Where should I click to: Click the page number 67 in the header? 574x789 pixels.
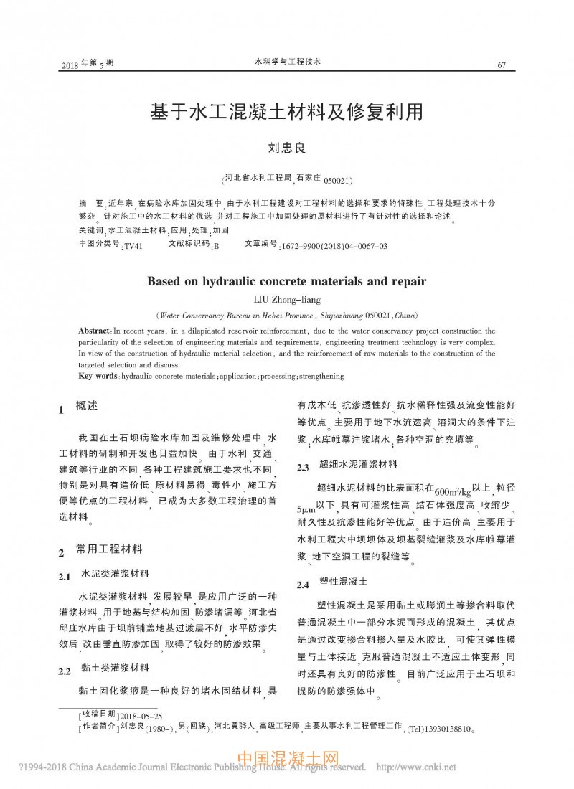tap(502, 66)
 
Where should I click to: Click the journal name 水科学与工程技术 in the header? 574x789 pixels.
tap(288, 63)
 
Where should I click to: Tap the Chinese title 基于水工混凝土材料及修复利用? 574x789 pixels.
tap(286, 112)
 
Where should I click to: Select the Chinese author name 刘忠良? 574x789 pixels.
tap(286, 148)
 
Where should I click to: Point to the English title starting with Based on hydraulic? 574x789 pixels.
tap(286, 280)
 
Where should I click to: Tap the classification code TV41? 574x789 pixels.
tap(133, 246)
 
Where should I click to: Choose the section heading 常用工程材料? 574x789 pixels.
tap(109, 550)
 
